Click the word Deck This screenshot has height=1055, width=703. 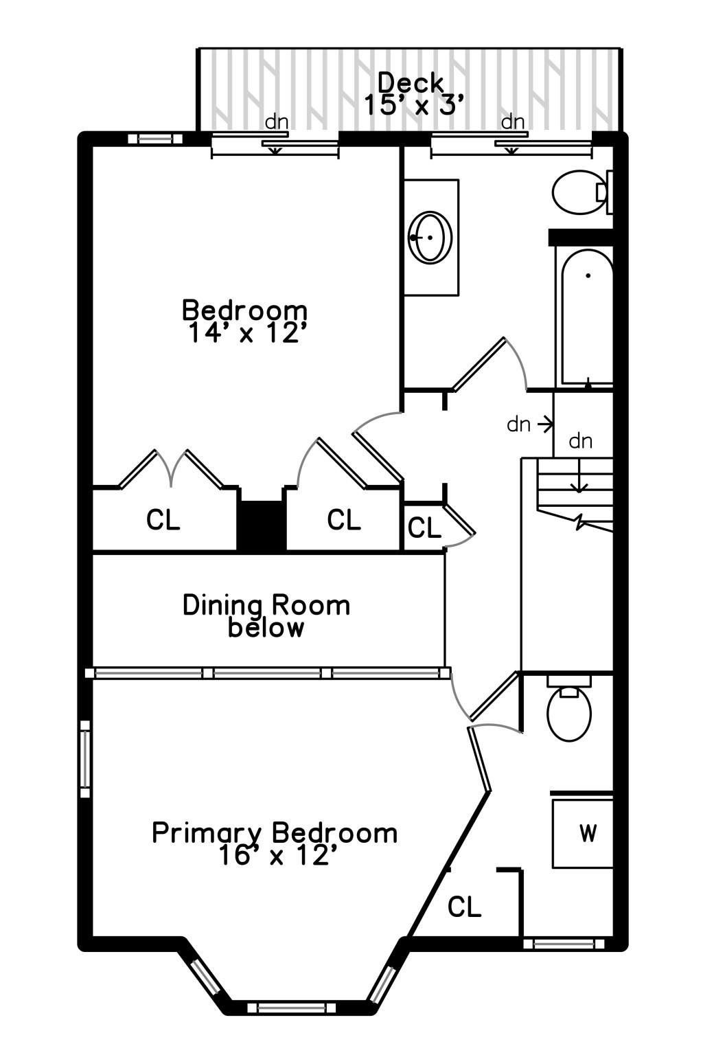411,83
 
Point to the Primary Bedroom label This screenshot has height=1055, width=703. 275,832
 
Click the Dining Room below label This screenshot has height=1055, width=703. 266,616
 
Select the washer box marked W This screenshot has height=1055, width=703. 583,832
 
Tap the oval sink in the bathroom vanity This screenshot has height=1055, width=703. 430,237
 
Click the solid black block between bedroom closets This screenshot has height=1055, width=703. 261,525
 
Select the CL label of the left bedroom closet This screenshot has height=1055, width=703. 163,520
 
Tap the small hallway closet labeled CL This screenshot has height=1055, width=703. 424,527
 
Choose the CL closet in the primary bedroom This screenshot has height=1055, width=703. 464,907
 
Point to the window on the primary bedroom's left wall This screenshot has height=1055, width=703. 85,758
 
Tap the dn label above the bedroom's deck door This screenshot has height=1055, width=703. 277,122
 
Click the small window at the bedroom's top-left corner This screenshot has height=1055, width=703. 155,139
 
